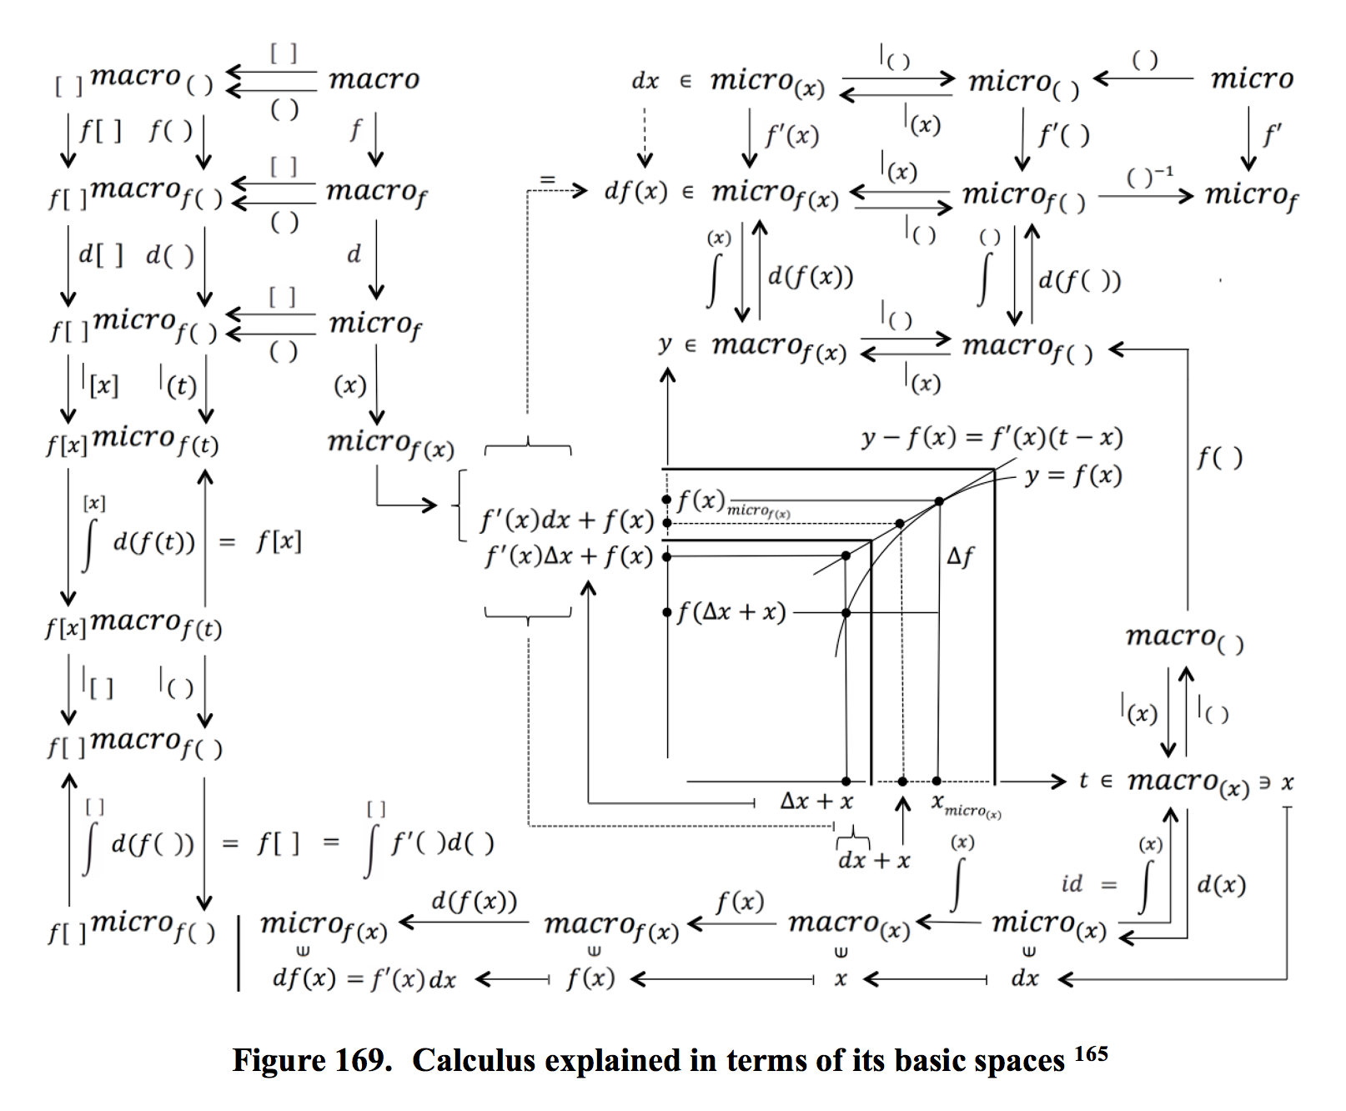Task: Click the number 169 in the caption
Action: pyautogui.click(x=363, y=1061)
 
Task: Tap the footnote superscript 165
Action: pyautogui.click(x=1091, y=1054)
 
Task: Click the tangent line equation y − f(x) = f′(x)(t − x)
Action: pyautogui.click(x=992, y=437)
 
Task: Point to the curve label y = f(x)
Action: pyautogui.click(x=1073, y=475)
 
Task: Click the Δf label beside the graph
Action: pyautogui.click(x=960, y=556)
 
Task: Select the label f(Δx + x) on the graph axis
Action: pyautogui.click(x=731, y=613)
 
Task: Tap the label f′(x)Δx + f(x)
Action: pyautogui.click(x=569, y=556)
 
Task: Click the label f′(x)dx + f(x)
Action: pyautogui.click(x=567, y=521)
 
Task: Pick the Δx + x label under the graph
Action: pyautogui.click(x=816, y=802)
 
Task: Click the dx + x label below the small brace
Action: pyautogui.click(x=873, y=861)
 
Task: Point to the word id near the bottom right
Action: pyautogui.click(x=1072, y=884)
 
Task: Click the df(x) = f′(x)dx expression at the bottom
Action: pyautogui.click(x=364, y=979)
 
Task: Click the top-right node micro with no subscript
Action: pyautogui.click(x=1252, y=79)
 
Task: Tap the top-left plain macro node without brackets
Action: pyautogui.click(x=374, y=79)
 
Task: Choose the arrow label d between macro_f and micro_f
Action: pyautogui.click(x=354, y=254)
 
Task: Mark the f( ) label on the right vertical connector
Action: pyautogui.click(x=1219, y=457)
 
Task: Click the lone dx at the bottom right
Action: pyautogui.click(x=1025, y=979)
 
